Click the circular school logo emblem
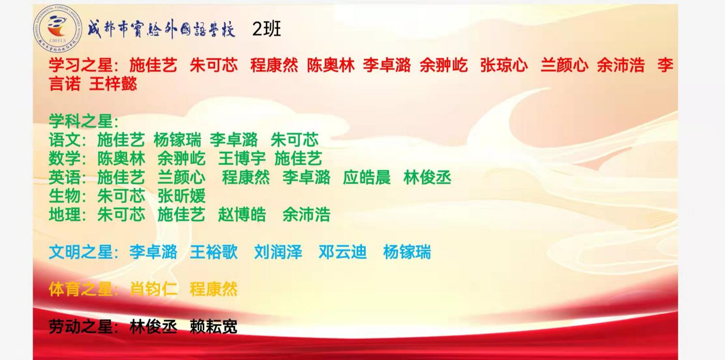57,28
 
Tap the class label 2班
266,29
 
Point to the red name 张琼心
504,65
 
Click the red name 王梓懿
113,84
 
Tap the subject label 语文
65,140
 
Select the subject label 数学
65,159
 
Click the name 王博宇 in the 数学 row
242,159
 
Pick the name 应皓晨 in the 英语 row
367,177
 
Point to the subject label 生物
65,196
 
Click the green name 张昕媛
182,196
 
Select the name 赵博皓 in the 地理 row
242,215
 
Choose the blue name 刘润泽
278,252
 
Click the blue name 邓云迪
342,252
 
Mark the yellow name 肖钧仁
154,289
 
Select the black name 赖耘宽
214,326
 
